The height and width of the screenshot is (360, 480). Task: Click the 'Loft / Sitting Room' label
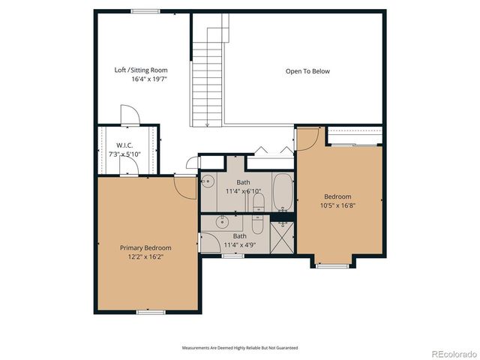141,70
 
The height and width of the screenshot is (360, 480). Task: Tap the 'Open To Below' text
307,71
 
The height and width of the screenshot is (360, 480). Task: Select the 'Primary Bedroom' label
146,247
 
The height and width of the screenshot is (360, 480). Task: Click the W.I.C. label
124,145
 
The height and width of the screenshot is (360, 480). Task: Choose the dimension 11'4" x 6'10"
243,191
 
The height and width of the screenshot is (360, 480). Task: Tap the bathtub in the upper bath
283,191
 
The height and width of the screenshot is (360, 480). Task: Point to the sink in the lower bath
222,222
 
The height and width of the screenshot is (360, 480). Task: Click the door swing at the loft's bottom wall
130,115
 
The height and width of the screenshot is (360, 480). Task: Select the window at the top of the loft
145,10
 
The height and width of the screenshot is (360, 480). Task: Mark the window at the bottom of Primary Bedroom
150,311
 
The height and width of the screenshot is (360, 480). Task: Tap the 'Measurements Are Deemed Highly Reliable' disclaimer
240,348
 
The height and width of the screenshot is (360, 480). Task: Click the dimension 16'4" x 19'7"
149,79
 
